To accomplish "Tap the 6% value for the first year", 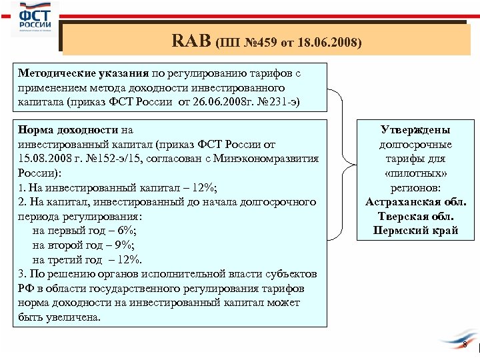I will pyautogui.click(x=125, y=231).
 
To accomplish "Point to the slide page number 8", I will pyautogui.click(x=465, y=345).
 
